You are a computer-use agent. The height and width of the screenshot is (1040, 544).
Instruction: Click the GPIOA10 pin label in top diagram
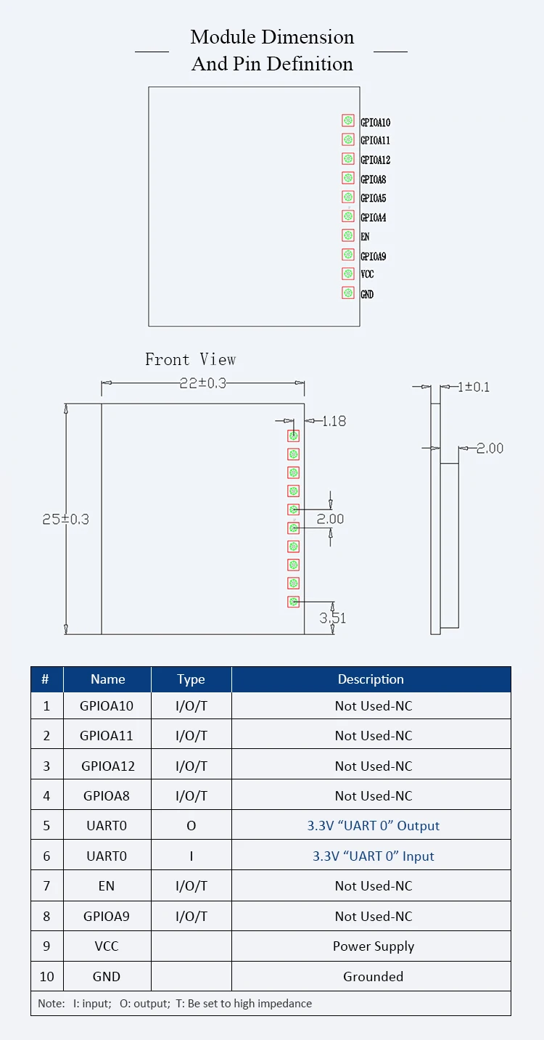(375, 123)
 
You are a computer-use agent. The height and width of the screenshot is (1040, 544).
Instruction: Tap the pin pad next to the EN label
(348, 235)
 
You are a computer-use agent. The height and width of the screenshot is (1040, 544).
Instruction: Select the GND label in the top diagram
(367, 294)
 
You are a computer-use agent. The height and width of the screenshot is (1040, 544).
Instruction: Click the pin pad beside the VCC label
(348, 274)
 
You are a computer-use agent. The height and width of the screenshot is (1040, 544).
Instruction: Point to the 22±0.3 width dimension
(202, 383)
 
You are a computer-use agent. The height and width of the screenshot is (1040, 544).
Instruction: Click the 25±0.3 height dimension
(65, 520)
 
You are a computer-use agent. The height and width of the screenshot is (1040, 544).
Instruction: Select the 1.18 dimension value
(334, 421)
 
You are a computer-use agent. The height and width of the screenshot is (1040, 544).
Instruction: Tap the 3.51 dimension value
(333, 618)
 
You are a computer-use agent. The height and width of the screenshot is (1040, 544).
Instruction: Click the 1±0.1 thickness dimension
(474, 387)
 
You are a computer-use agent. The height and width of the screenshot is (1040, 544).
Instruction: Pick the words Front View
(190, 359)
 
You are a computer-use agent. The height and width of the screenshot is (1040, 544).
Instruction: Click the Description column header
(371, 679)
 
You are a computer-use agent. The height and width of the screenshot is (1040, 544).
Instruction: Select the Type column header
(191, 679)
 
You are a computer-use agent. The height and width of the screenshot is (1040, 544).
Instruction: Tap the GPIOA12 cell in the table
(108, 766)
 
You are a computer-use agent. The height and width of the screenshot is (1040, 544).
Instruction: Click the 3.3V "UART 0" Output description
(373, 826)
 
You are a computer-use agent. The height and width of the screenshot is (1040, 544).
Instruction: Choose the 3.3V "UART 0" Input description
(373, 856)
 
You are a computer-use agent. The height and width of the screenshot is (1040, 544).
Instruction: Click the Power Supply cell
(373, 946)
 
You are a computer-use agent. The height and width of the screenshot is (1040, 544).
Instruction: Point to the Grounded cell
(373, 977)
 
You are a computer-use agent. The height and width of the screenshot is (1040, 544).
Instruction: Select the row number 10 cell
(46, 977)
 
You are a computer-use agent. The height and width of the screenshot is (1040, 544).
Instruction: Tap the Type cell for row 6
(191, 856)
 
